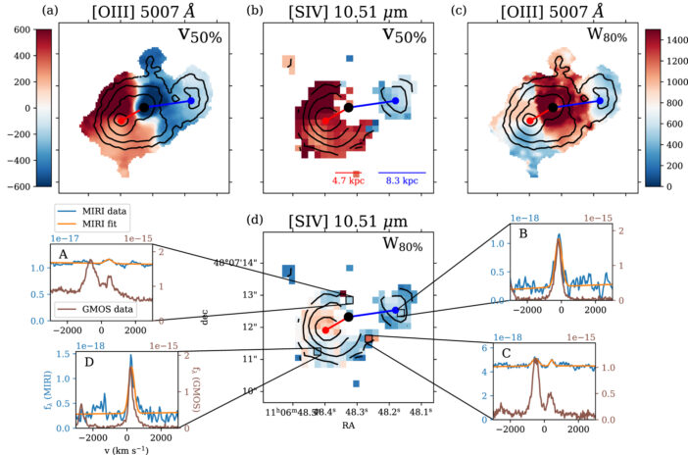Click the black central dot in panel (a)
(144, 106)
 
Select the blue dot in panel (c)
(599, 99)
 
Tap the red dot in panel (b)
(325, 120)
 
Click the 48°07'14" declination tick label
(236, 263)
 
